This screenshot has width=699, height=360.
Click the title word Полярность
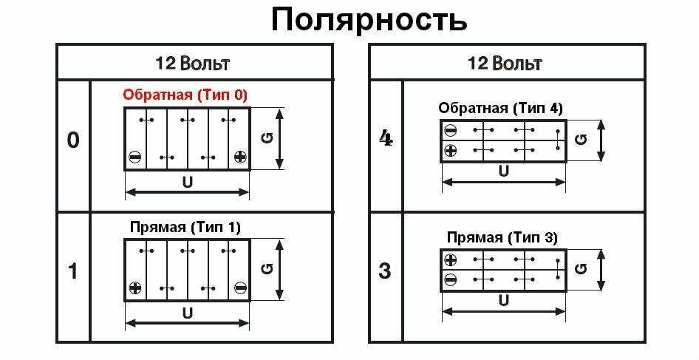369,20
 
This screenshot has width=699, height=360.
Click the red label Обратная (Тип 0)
185,95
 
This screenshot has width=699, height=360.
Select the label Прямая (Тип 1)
185,227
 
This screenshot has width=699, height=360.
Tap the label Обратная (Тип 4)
500,108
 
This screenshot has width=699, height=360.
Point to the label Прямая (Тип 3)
502,238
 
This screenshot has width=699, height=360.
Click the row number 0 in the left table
72,140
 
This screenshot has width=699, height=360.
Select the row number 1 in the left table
72,271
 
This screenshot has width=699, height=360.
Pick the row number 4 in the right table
385,138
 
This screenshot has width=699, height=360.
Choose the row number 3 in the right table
385,271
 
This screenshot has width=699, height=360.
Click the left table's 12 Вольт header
193,63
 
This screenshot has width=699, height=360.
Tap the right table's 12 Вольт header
505,63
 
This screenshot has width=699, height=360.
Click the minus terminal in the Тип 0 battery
134,157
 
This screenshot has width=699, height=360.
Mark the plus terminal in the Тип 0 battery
239,157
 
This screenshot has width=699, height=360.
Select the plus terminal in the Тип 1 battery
134,288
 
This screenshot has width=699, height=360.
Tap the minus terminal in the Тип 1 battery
239,288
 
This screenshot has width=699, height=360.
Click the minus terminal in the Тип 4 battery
450,131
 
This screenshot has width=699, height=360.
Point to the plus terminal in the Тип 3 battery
450,260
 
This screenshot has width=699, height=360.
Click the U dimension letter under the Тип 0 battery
188,181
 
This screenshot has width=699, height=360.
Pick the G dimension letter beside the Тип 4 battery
582,139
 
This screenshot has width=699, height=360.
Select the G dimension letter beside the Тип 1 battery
267,269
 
